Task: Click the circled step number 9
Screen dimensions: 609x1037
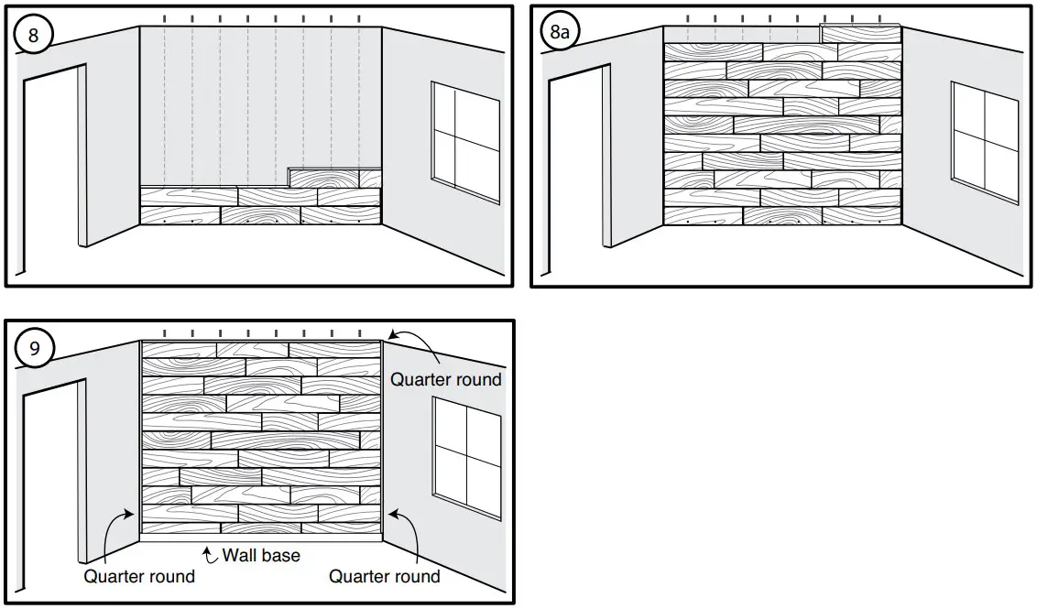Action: click(x=35, y=348)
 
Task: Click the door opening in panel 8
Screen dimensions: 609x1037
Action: click(x=53, y=165)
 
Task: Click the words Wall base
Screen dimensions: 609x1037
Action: click(x=261, y=555)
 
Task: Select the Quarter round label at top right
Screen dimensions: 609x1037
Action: click(x=446, y=379)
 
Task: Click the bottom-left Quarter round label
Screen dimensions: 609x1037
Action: click(x=139, y=576)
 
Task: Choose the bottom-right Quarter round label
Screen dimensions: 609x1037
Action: click(x=384, y=576)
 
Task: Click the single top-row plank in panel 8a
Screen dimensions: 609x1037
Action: click(x=860, y=34)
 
